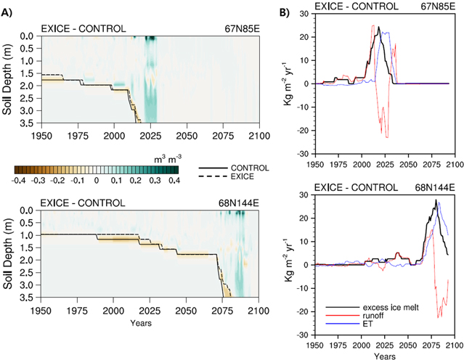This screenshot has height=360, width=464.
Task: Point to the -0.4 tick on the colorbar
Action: [x=20, y=179]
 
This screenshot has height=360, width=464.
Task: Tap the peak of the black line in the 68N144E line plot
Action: [x=436, y=200]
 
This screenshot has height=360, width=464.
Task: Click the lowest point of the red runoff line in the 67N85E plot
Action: [x=387, y=138]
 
